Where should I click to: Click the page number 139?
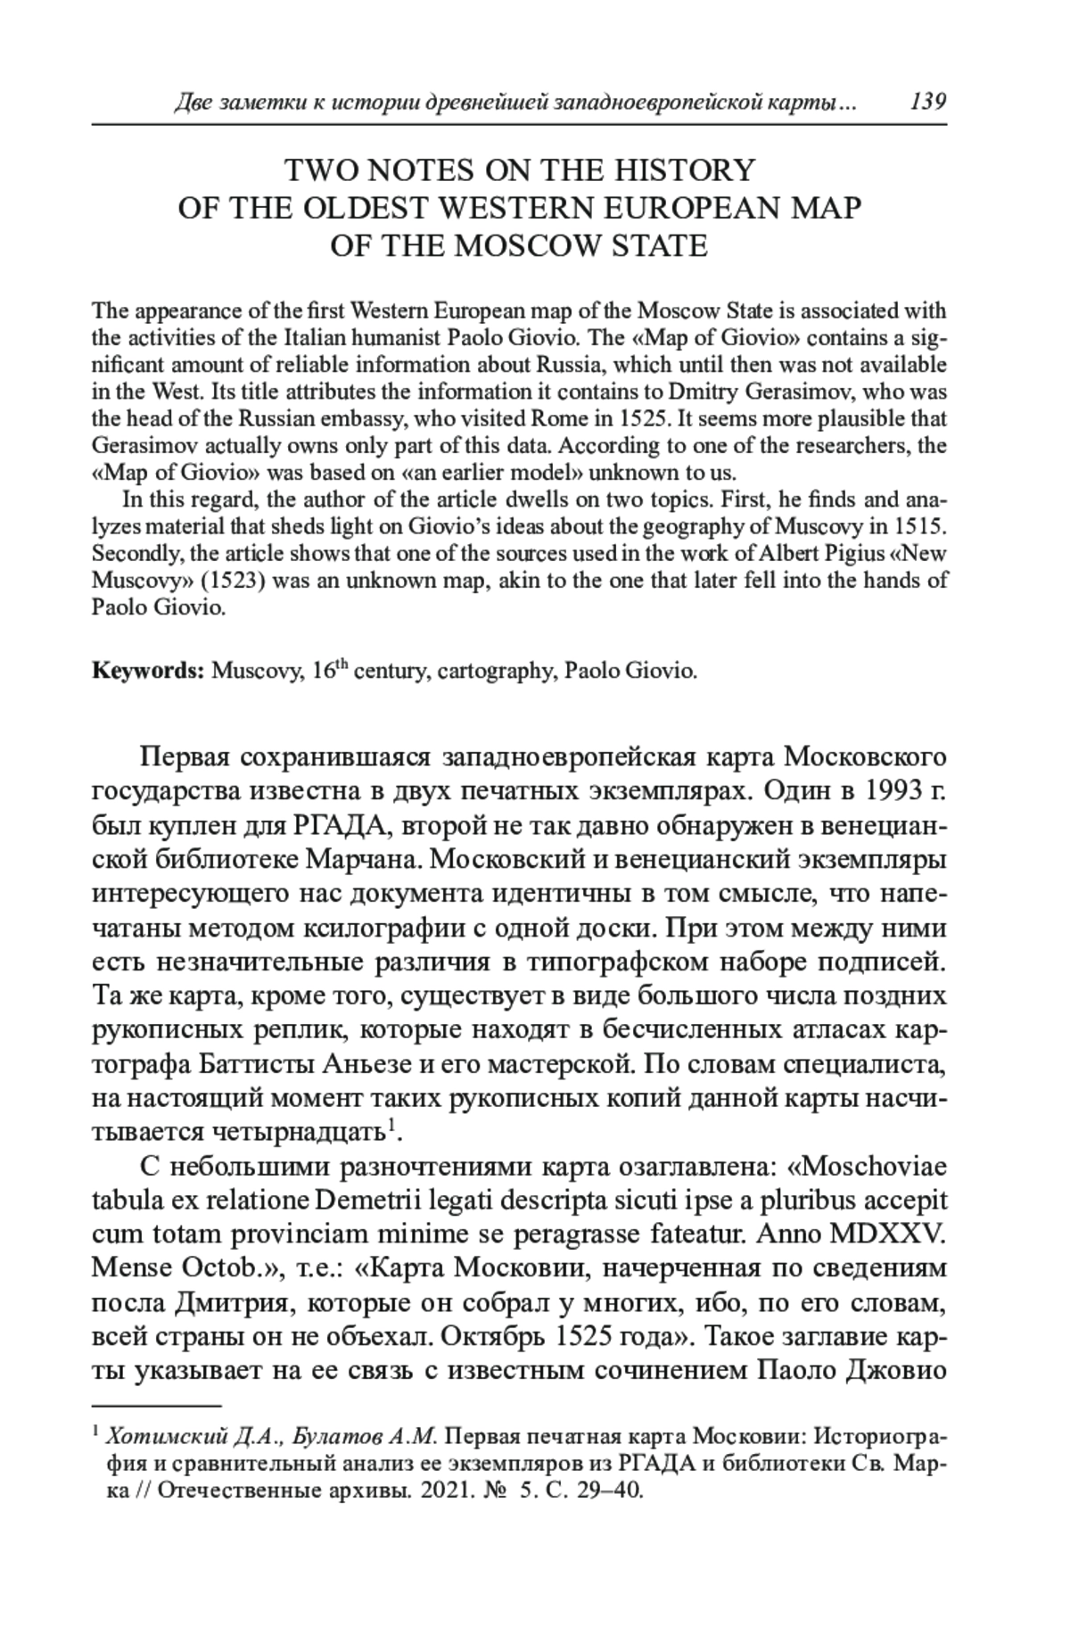927,102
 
